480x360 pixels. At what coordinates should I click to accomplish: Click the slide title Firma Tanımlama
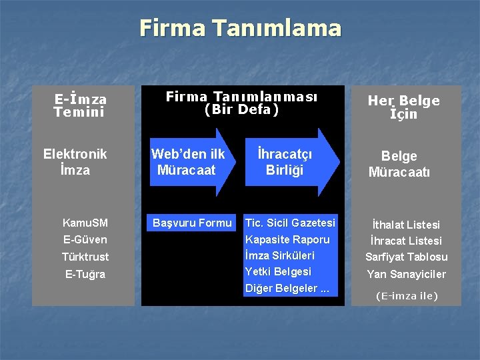point(240,29)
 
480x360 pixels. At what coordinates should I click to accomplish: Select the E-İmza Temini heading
point(80,106)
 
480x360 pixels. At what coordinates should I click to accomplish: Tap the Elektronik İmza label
point(75,162)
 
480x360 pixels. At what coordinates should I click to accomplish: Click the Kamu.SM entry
point(85,223)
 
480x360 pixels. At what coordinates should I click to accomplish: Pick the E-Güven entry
point(85,239)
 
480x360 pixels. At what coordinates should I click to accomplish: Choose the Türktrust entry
point(85,257)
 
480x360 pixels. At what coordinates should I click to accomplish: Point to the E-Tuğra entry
point(85,274)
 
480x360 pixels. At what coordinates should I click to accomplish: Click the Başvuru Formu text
point(192,223)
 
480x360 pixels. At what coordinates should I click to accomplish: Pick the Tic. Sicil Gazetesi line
point(290,223)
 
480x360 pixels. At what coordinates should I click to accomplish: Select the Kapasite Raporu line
point(287,239)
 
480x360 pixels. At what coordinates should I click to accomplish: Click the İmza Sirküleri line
point(280,255)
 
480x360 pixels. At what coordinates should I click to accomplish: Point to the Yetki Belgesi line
point(278,271)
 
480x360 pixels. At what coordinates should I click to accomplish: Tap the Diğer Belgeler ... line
point(287,288)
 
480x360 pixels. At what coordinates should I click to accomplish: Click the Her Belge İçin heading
point(403,107)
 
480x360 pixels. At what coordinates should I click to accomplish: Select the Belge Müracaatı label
point(399,164)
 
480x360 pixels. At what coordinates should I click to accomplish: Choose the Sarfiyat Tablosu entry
point(406,257)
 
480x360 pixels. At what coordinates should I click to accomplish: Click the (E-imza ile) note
point(407,295)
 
